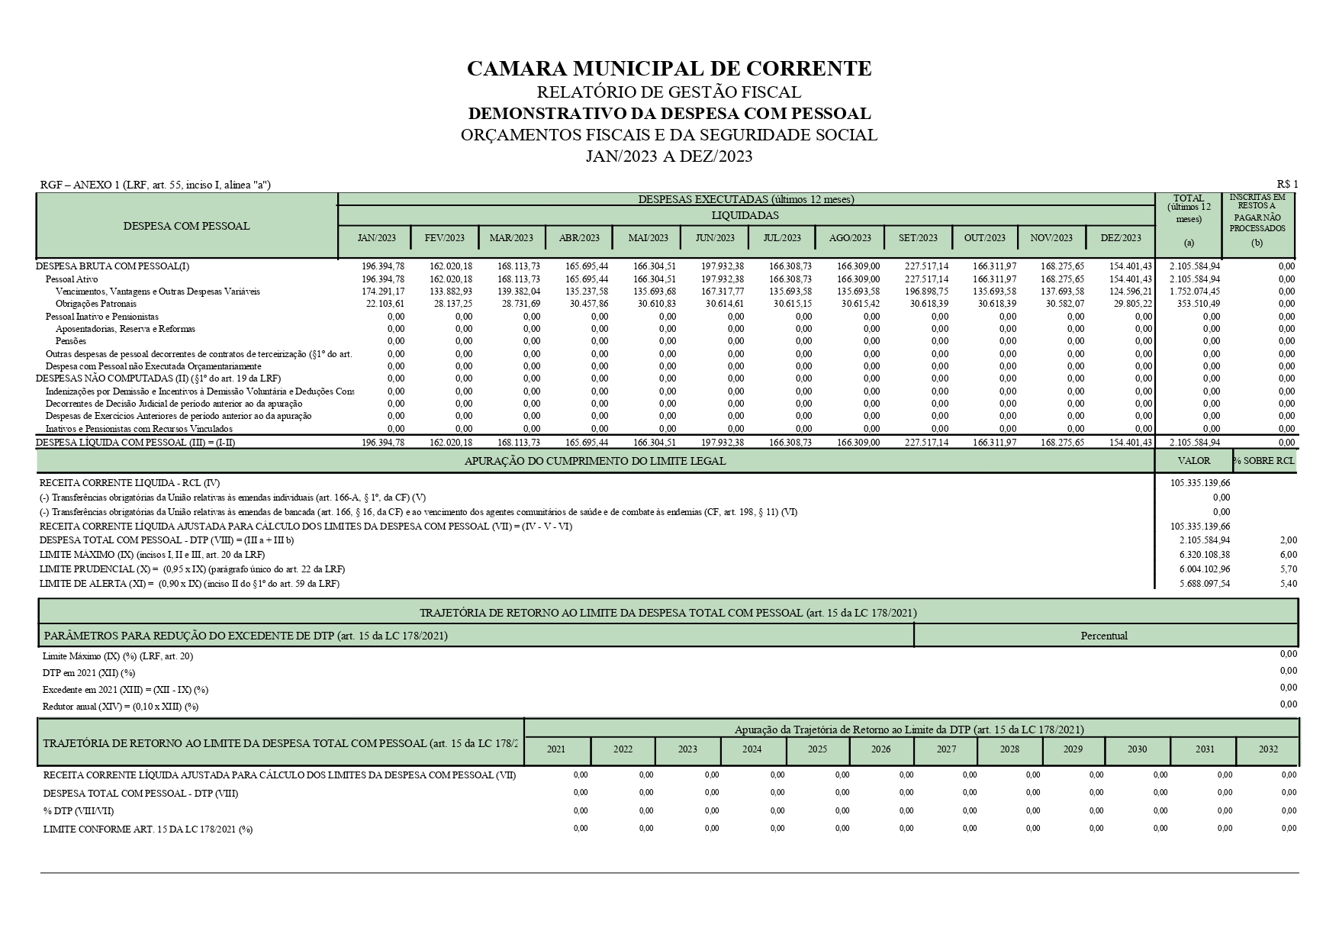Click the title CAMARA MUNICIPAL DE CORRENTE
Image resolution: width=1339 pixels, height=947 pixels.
[x=668, y=69]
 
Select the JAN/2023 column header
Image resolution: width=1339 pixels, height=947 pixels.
[x=377, y=237]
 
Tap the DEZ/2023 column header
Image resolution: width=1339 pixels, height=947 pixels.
[x=1121, y=237]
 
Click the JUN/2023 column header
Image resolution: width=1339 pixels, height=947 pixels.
[x=715, y=237]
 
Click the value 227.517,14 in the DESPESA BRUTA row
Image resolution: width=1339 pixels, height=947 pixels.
[x=927, y=266]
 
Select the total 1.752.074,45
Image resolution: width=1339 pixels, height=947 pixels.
[x=1194, y=292]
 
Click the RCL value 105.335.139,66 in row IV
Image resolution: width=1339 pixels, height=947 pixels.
[x=1200, y=483]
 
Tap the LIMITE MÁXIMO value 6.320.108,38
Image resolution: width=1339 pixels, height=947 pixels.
[x=1204, y=555]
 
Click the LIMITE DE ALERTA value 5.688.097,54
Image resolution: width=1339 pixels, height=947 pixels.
[x=1204, y=584]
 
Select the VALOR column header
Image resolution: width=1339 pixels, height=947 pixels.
[x=1194, y=461]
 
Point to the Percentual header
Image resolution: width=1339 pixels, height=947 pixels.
[x=1104, y=636]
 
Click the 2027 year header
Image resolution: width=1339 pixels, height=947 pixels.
[x=946, y=749]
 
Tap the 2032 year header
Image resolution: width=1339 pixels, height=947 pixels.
[x=1268, y=749]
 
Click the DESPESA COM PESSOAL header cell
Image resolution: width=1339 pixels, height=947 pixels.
[x=187, y=226]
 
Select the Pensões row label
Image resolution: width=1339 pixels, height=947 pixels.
[x=71, y=341]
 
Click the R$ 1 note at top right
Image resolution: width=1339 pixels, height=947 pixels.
[x=1287, y=184]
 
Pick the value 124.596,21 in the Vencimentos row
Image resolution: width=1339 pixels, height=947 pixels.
[x=1130, y=292]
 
